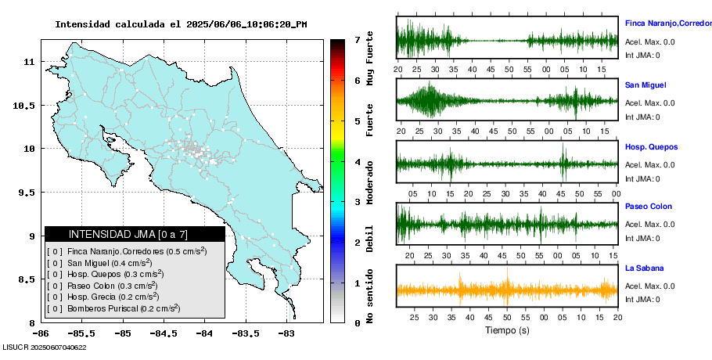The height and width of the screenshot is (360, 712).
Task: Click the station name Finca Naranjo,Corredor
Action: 667,23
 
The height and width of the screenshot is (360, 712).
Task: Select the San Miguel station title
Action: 645,85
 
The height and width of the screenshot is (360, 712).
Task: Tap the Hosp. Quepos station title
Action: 651,146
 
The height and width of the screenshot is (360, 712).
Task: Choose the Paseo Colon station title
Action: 648,207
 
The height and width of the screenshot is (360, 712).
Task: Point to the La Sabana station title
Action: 644,268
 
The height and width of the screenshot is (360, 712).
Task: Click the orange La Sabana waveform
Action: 507,290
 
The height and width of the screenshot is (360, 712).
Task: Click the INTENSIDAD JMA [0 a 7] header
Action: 135,234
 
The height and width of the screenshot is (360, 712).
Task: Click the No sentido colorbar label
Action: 371,298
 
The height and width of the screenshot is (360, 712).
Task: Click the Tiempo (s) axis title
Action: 507,331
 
